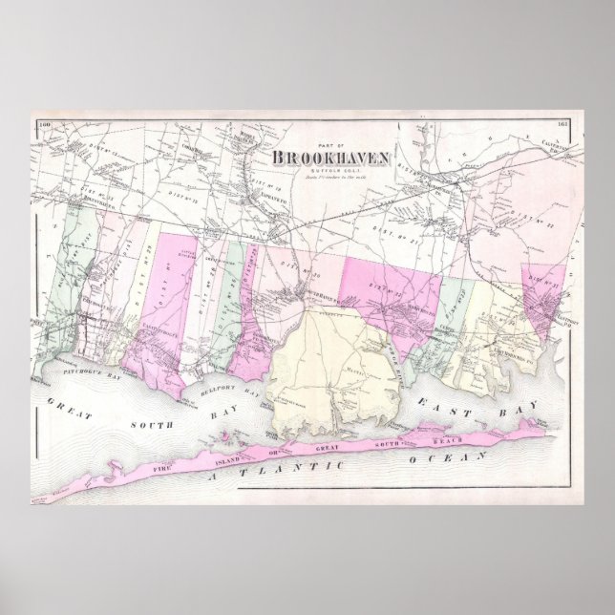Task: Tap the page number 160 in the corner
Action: point(44,124)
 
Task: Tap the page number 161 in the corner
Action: point(563,126)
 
